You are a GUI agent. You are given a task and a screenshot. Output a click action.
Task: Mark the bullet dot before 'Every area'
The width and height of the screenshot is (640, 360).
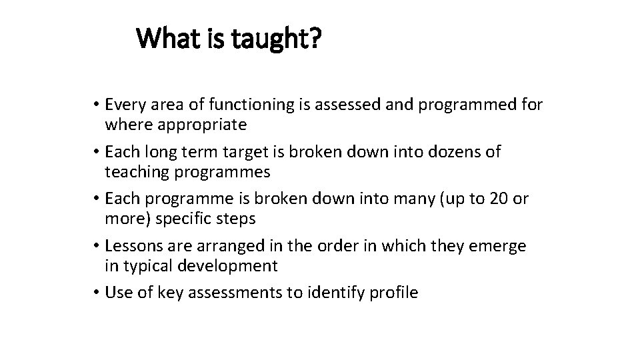97,105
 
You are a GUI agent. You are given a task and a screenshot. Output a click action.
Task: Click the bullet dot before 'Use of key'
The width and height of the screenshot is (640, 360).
97,293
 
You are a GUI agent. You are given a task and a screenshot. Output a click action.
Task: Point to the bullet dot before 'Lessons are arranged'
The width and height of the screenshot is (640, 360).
97,247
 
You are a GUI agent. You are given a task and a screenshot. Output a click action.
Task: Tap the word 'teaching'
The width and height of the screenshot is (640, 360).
137,171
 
